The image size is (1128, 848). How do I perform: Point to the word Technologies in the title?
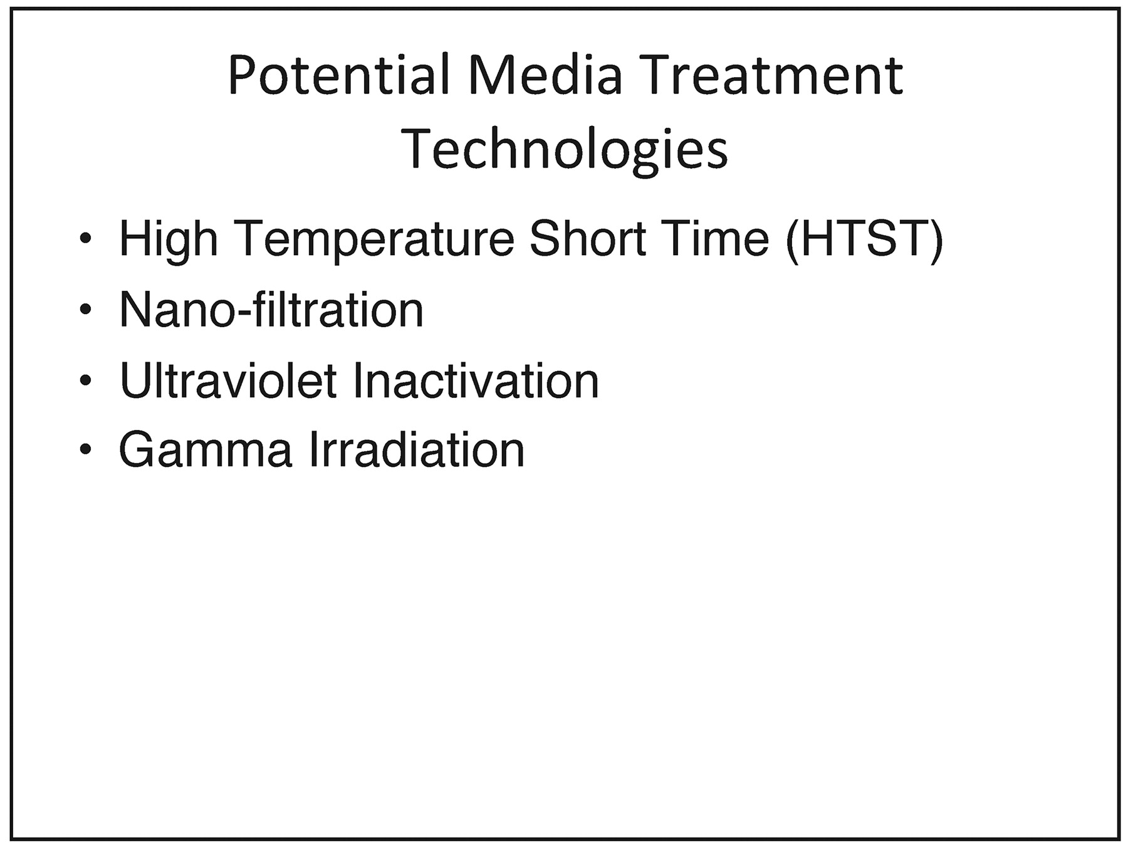point(564,149)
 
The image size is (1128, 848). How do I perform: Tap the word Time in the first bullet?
point(715,238)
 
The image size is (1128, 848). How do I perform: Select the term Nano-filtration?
point(271,309)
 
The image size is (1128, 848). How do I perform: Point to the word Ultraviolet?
point(228,380)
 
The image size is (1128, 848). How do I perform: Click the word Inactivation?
point(476,380)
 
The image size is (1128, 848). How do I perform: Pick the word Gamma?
point(206,449)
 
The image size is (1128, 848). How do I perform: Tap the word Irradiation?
point(416,449)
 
